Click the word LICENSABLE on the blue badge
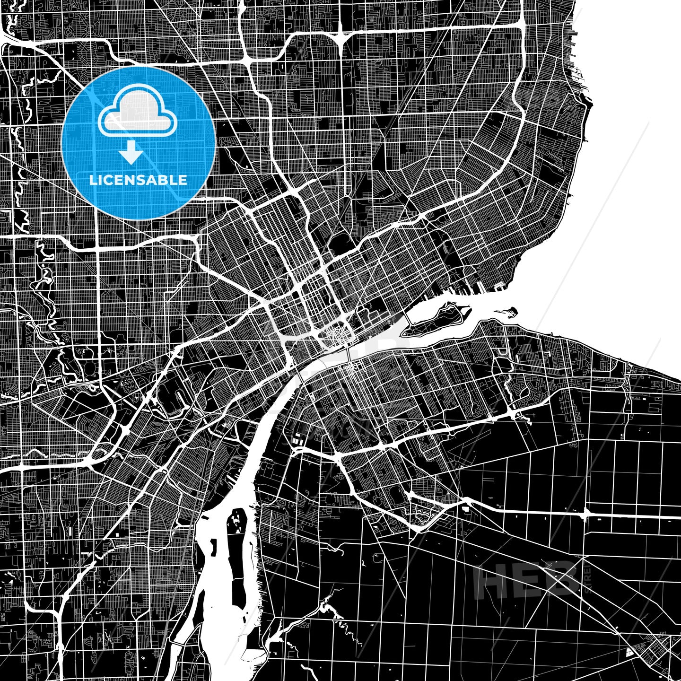[138, 180]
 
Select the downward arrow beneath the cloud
[131, 153]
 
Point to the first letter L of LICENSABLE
[93, 180]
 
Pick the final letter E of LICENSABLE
[183, 180]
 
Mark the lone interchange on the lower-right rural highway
[586, 513]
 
